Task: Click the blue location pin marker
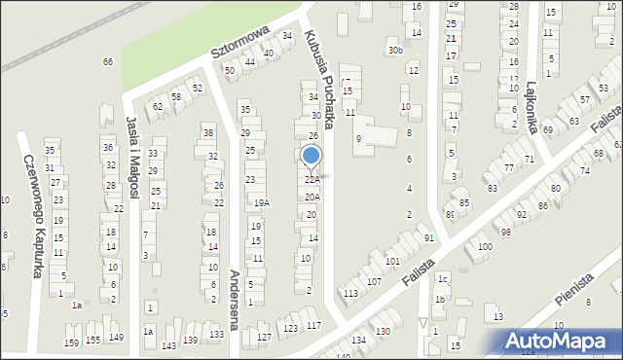pos(311,156)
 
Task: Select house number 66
pos(108,62)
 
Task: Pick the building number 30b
pos(394,50)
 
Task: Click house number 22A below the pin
pos(311,180)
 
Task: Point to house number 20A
pos(311,197)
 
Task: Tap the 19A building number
pos(261,203)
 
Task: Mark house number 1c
pos(442,279)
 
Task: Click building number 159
pos(71,342)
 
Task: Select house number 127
pos(264,337)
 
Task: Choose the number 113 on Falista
pos(351,293)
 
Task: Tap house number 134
pos(358,340)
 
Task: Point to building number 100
pos(484,247)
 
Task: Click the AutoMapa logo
pos(559,342)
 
